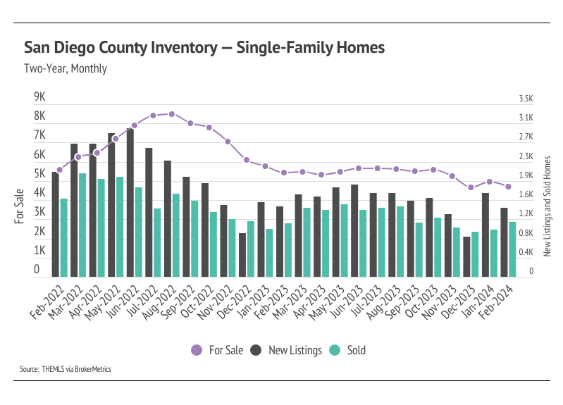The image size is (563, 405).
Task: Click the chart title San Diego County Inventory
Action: (x=204, y=48)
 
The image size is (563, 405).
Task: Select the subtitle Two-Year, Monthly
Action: (x=66, y=69)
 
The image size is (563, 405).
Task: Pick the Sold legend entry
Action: (x=349, y=350)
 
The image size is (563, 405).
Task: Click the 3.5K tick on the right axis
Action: (x=526, y=99)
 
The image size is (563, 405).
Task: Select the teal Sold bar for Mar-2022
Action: (x=82, y=225)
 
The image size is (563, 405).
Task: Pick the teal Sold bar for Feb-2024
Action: (x=513, y=249)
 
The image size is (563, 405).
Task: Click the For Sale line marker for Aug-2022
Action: (x=172, y=113)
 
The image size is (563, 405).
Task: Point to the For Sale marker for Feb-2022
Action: (x=60, y=170)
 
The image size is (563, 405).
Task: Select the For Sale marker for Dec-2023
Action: (x=471, y=187)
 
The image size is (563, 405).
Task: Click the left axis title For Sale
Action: (x=19, y=206)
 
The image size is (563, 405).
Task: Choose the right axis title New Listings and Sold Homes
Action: (x=547, y=204)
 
